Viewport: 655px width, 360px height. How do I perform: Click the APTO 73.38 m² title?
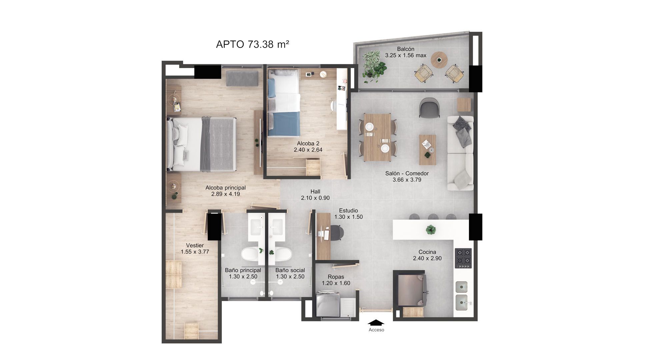pyautogui.click(x=252, y=44)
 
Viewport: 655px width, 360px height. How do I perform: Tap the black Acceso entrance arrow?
pyautogui.click(x=376, y=322)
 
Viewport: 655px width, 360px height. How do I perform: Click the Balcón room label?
pyautogui.click(x=405, y=49)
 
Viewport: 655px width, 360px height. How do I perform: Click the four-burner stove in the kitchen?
pyautogui.click(x=463, y=258)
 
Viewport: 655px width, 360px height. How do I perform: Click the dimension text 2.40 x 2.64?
pyautogui.click(x=308, y=150)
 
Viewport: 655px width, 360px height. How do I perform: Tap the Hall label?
pyautogui.click(x=315, y=191)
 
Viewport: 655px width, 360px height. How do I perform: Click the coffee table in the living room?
pyautogui.click(x=427, y=150)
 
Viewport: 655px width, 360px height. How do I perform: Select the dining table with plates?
pyautogui.click(x=377, y=137)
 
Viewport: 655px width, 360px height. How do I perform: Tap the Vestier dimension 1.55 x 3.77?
pyautogui.click(x=195, y=252)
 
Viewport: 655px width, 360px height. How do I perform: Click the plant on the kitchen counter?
pyautogui.click(x=431, y=229)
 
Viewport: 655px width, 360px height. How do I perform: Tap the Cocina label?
pyautogui.click(x=427, y=252)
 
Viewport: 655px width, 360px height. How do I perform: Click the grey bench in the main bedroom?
pyautogui.click(x=242, y=78)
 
